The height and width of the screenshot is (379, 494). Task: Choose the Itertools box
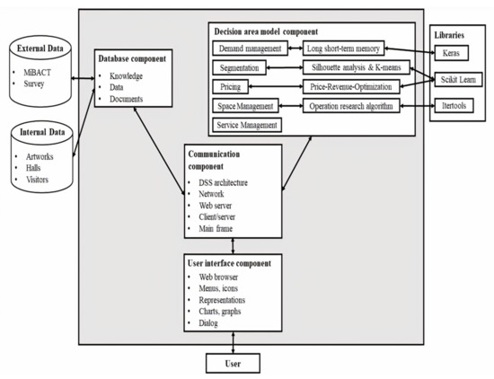(458, 106)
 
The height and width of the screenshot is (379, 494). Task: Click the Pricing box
(231, 87)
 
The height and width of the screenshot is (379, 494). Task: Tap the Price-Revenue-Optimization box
(354, 87)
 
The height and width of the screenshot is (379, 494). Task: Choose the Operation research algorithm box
(354, 106)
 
